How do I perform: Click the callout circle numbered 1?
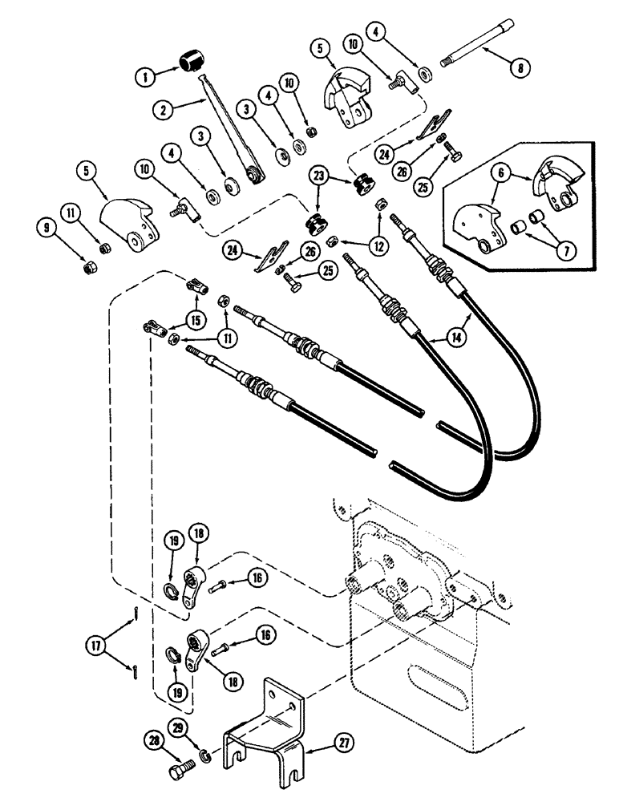pyautogui.click(x=146, y=78)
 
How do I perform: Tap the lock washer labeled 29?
pyautogui.click(x=205, y=756)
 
